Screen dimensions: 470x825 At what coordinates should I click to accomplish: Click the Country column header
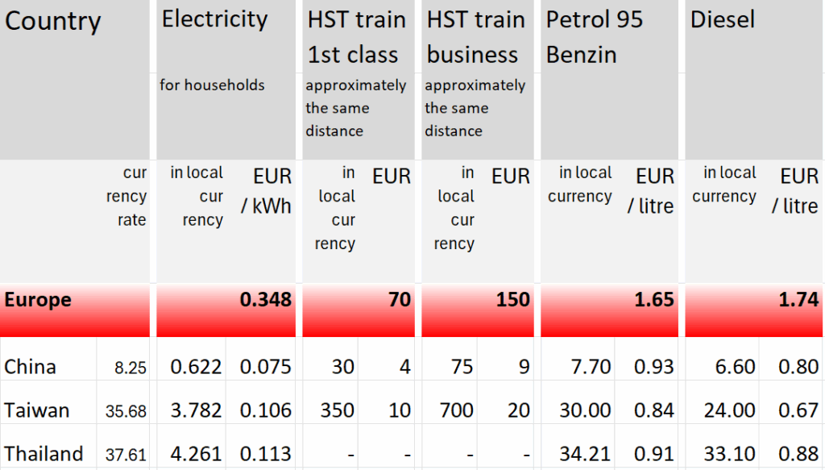click(x=53, y=22)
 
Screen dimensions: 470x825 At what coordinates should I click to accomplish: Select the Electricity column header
click(x=214, y=19)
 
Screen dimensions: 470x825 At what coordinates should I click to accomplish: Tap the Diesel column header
click(x=723, y=20)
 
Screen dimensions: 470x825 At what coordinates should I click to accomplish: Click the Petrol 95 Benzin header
click(x=594, y=37)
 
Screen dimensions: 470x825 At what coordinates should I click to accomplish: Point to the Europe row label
click(x=38, y=301)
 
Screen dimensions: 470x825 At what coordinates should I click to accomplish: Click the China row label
click(x=31, y=368)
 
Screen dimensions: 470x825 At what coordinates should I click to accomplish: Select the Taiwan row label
click(x=37, y=410)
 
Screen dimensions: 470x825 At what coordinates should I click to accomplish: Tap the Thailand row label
click(x=44, y=454)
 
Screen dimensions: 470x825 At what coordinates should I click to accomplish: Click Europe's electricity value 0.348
click(x=266, y=301)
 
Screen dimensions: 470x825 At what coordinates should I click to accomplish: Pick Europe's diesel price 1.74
click(x=798, y=301)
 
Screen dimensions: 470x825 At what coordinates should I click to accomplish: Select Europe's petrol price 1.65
click(x=653, y=301)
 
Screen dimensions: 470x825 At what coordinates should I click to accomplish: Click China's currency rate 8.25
click(x=131, y=368)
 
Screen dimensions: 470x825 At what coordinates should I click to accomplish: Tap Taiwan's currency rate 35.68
click(x=126, y=412)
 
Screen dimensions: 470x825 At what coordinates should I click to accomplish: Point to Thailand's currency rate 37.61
click(x=126, y=455)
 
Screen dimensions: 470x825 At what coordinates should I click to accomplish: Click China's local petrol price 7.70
click(x=591, y=368)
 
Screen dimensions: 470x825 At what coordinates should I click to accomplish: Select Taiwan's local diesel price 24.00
click(x=729, y=411)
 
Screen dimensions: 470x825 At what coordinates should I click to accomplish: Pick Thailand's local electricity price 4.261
click(x=196, y=454)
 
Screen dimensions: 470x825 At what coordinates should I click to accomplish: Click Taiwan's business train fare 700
click(x=456, y=411)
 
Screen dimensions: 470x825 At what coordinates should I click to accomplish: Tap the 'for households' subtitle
click(x=212, y=85)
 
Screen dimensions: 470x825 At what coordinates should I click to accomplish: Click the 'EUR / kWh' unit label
click(x=267, y=191)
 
